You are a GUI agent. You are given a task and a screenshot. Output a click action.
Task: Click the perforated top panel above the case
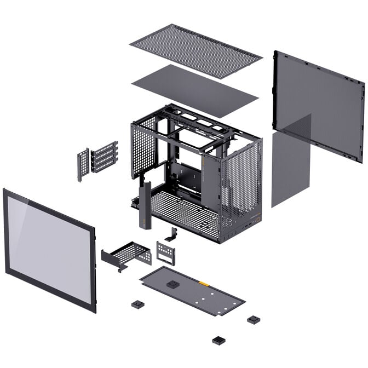click(x=196, y=51)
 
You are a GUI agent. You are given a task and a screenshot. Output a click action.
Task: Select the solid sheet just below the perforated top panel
click(x=195, y=90)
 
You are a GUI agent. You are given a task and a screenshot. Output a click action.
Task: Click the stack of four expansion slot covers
click(x=104, y=157)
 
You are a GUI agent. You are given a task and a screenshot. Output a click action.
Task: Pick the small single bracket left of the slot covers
click(x=83, y=164)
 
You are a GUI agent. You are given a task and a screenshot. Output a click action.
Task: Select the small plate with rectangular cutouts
click(x=165, y=252)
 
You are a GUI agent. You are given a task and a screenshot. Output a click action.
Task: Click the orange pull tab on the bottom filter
click(x=204, y=284)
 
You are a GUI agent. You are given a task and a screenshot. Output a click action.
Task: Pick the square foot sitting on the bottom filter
click(x=173, y=284)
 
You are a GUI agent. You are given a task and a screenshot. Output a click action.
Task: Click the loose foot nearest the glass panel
click(x=137, y=304)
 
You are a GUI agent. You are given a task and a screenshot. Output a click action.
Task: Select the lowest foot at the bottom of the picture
click(x=219, y=340)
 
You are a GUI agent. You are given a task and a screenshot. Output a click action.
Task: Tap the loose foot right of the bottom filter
click(x=253, y=319)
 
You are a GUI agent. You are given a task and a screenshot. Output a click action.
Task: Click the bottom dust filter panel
click(x=192, y=290)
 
